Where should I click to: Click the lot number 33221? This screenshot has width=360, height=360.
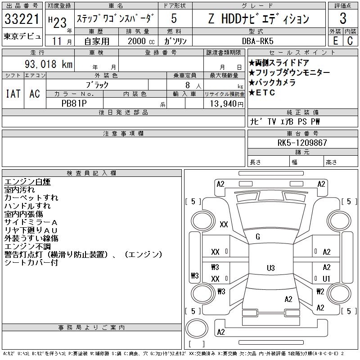pyautogui.click(x=22, y=19)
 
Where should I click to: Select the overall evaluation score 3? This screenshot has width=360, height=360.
pyautogui.click(x=343, y=19)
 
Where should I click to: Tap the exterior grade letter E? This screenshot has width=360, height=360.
pyautogui.click(x=335, y=40)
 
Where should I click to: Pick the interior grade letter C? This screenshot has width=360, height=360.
pyautogui.click(x=350, y=40)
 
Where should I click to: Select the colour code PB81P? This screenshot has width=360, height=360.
pyautogui.click(x=74, y=103)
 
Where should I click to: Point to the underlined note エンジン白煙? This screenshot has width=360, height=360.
pyautogui.click(x=27, y=182)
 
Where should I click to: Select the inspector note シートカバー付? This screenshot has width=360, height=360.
pyautogui.click(x=31, y=263)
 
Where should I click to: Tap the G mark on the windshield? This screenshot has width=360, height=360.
pyautogui.click(x=258, y=237)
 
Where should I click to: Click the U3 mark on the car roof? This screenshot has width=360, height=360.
pyautogui.click(x=270, y=268)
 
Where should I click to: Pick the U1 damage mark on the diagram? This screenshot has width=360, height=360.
pyautogui.click(x=327, y=279)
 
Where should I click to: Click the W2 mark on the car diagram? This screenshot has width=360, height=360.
pyautogui.click(x=320, y=291)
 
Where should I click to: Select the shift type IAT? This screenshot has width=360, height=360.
pyautogui.click(x=13, y=94)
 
